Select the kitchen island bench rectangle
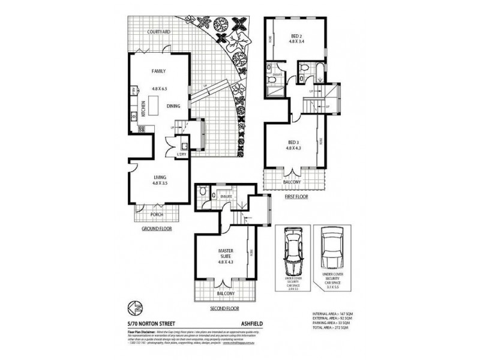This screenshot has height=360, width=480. pos(161,107)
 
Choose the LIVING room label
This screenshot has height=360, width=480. pos(160,176)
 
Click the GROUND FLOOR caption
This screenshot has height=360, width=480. pos(157,229)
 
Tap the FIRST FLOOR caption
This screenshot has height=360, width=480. pos(296,196)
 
